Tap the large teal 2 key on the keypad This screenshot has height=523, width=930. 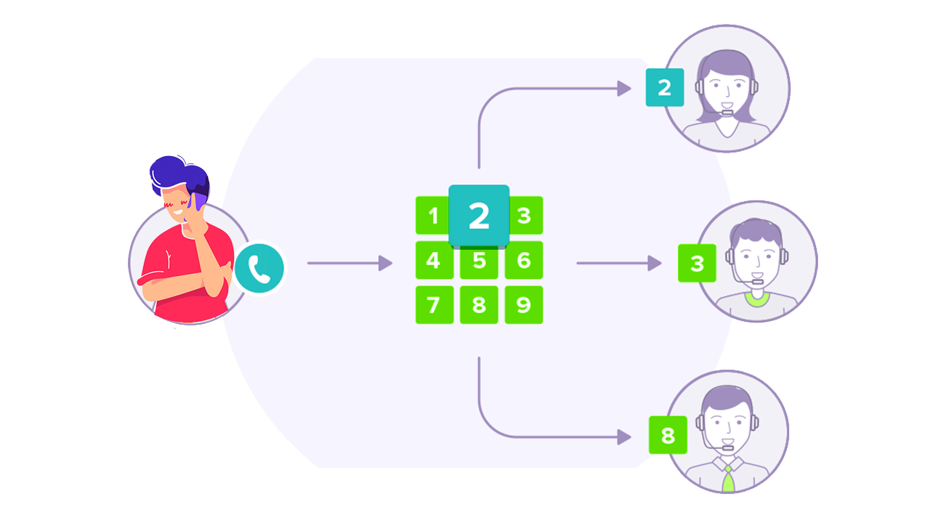pyautogui.click(x=479, y=216)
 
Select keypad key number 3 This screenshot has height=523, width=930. pyautogui.click(x=524, y=215)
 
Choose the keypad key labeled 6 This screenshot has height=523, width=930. pyautogui.click(x=524, y=260)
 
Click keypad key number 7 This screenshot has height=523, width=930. pyautogui.click(x=434, y=304)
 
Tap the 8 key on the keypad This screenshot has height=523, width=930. pyautogui.click(x=479, y=304)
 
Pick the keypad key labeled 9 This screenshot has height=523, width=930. pyautogui.click(x=524, y=304)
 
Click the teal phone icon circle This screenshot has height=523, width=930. pyautogui.click(x=259, y=268)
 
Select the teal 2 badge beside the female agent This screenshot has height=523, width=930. pyautogui.click(x=664, y=87)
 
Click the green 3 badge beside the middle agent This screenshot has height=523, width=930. pyautogui.click(x=697, y=263)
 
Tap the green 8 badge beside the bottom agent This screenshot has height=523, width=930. pyautogui.click(x=668, y=435)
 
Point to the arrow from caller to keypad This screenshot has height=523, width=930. pyautogui.click(x=349, y=263)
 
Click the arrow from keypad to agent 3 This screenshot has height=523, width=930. pyautogui.click(x=618, y=263)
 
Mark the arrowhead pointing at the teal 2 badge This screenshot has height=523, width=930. pyautogui.click(x=624, y=89)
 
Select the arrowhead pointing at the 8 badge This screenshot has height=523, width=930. pyautogui.click(x=624, y=437)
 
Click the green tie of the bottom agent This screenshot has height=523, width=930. pyautogui.click(x=728, y=479)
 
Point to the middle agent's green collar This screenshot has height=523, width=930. pyautogui.click(x=756, y=298)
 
